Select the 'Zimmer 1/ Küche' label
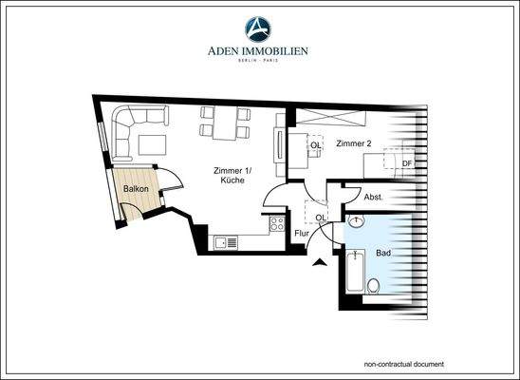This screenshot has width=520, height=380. tap(232, 175)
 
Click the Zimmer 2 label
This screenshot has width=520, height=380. tap(352, 143)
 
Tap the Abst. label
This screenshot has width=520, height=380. tap(374, 198)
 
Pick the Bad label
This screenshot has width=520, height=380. tap(383, 254)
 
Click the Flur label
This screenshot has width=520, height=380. tap(303, 233)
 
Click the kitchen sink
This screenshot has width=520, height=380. tap(226, 242)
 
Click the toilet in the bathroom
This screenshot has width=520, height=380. tap(374, 285)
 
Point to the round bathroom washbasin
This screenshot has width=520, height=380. tap(355, 222)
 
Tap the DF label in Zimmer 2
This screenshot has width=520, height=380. tap(406, 162)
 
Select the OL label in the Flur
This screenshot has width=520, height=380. tap(322, 218)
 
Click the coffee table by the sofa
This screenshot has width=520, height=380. tap(152, 144)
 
